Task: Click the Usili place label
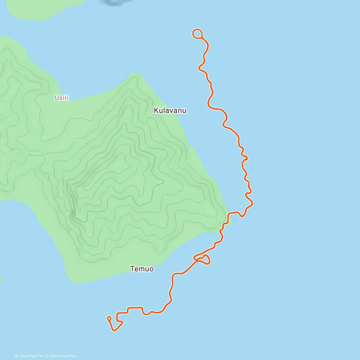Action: tap(61, 97)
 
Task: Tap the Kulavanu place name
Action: tap(170, 110)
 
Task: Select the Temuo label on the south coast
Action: tap(142, 269)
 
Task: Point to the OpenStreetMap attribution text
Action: tap(63, 356)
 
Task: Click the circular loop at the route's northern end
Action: tap(197, 34)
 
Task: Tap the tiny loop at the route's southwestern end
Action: tap(109, 318)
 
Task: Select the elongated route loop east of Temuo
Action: tap(202, 259)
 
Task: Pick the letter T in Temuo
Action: tap(132, 269)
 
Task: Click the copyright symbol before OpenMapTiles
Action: tap(17, 356)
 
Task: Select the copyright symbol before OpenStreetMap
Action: tap(47, 356)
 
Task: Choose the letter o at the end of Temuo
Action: tap(151, 269)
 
